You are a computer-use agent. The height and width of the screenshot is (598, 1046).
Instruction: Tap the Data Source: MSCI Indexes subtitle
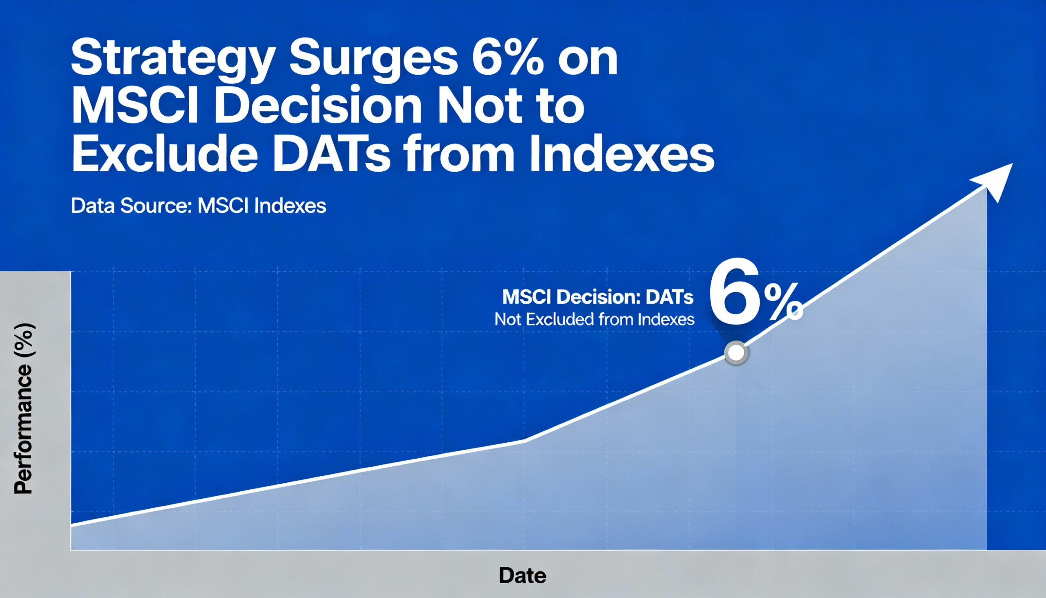(198, 206)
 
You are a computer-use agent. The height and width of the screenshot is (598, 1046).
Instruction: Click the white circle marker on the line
(736, 352)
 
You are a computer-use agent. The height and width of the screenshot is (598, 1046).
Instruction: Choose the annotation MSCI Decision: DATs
(598, 297)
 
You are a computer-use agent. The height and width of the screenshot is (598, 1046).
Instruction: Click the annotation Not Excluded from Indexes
(595, 319)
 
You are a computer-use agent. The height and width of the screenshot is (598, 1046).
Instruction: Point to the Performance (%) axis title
(23, 409)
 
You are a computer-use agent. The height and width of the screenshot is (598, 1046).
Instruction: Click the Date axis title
(522, 576)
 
